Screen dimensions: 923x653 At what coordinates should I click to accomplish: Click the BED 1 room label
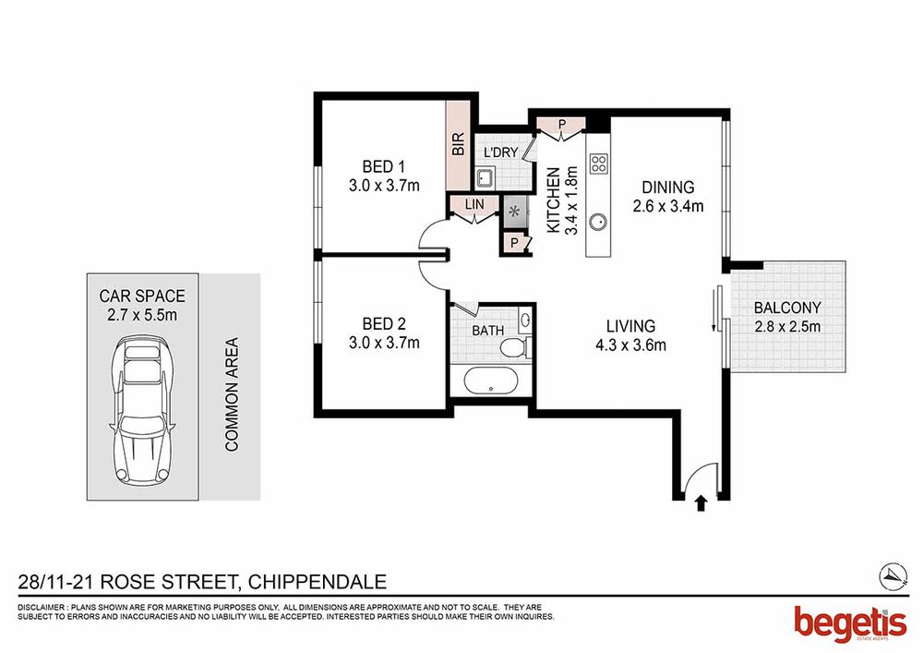pyautogui.click(x=383, y=166)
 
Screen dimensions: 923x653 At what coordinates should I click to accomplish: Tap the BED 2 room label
pyautogui.click(x=384, y=324)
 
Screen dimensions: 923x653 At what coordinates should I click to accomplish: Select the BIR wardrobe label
pyautogui.click(x=459, y=144)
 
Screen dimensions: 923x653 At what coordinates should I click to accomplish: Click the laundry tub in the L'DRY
pyautogui.click(x=485, y=178)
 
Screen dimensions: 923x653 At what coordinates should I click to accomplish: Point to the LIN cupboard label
pyautogui.click(x=474, y=204)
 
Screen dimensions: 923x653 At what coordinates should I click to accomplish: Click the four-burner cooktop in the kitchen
pyautogui.click(x=599, y=163)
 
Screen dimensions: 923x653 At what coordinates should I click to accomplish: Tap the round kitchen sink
pyautogui.click(x=599, y=223)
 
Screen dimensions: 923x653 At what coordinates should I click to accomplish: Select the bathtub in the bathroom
pyautogui.click(x=491, y=381)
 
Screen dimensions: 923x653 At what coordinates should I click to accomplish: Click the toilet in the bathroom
pyautogui.click(x=516, y=347)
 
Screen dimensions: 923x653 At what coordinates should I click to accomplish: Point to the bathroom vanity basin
pyautogui.click(x=526, y=320)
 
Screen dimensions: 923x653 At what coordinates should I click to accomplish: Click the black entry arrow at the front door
pyautogui.click(x=701, y=503)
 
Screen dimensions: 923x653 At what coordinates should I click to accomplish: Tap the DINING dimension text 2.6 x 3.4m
pyautogui.click(x=668, y=206)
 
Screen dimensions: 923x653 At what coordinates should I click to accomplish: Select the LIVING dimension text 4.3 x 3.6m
pyautogui.click(x=631, y=345)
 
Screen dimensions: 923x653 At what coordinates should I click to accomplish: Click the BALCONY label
pyautogui.click(x=787, y=308)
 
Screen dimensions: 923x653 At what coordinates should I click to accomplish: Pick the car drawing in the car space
pyautogui.click(x=142, y=410)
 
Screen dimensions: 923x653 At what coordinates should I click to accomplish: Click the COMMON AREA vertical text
pyautogui.click(x=232, y=394)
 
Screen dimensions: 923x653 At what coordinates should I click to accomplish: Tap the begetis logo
pyautogui.click(x=850, y=625)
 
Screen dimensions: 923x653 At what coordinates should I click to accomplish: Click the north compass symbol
pyautogui.click(x=893, y=574)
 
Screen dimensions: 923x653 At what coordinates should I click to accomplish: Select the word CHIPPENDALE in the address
pyautogui.click(x=318, y=582)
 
